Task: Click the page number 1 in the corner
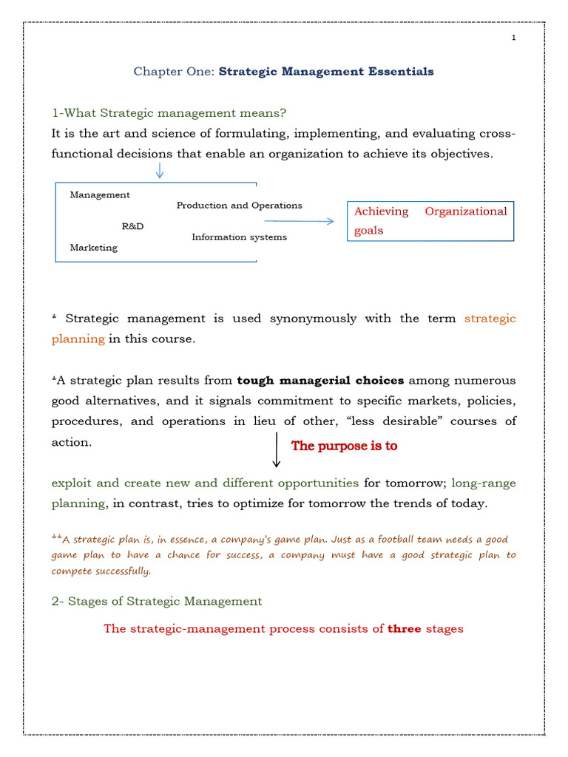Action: (x=513, y=38)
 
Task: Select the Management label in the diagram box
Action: (x=100, y=195)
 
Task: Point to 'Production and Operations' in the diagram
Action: (x=239, y=206)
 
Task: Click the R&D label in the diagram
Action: (x=132, y=226)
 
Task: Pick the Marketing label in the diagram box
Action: (x=93, y=248)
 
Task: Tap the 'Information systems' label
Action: (x=239, y=237)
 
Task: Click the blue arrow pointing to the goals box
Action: (x=299, y=221)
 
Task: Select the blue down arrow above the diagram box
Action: (x=160, y=171)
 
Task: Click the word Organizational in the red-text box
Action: (x=466, y=211)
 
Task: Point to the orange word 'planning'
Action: (x=78, y=339)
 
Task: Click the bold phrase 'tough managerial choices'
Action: (x=320, y=381)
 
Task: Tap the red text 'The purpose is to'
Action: (x=344, y=447)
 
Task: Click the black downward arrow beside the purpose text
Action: (x=277, y=450)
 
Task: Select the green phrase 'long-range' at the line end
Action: (x=484, y=483)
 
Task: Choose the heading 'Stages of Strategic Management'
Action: (x=157, y=601)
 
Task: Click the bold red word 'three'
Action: (x=405, y=629)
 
